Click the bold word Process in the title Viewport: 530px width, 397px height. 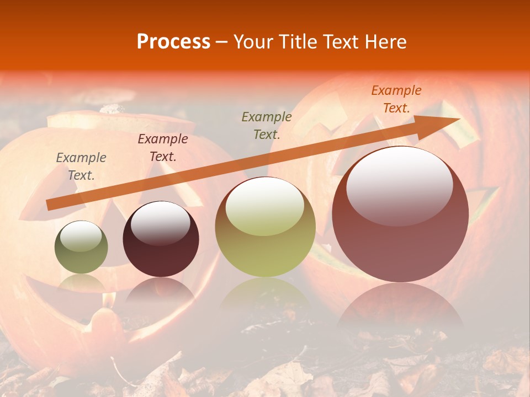coord(173,42)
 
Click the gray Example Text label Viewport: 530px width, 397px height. coord(81,166)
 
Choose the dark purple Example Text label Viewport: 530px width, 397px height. coord(163,147)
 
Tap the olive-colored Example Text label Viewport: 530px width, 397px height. coord(267,125)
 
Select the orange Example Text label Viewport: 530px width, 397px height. coord(396,99)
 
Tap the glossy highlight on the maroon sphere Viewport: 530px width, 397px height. coord(160,223)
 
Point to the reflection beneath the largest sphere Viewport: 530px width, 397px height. coord(400,306)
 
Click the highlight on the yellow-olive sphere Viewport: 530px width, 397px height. coord(265,207)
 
